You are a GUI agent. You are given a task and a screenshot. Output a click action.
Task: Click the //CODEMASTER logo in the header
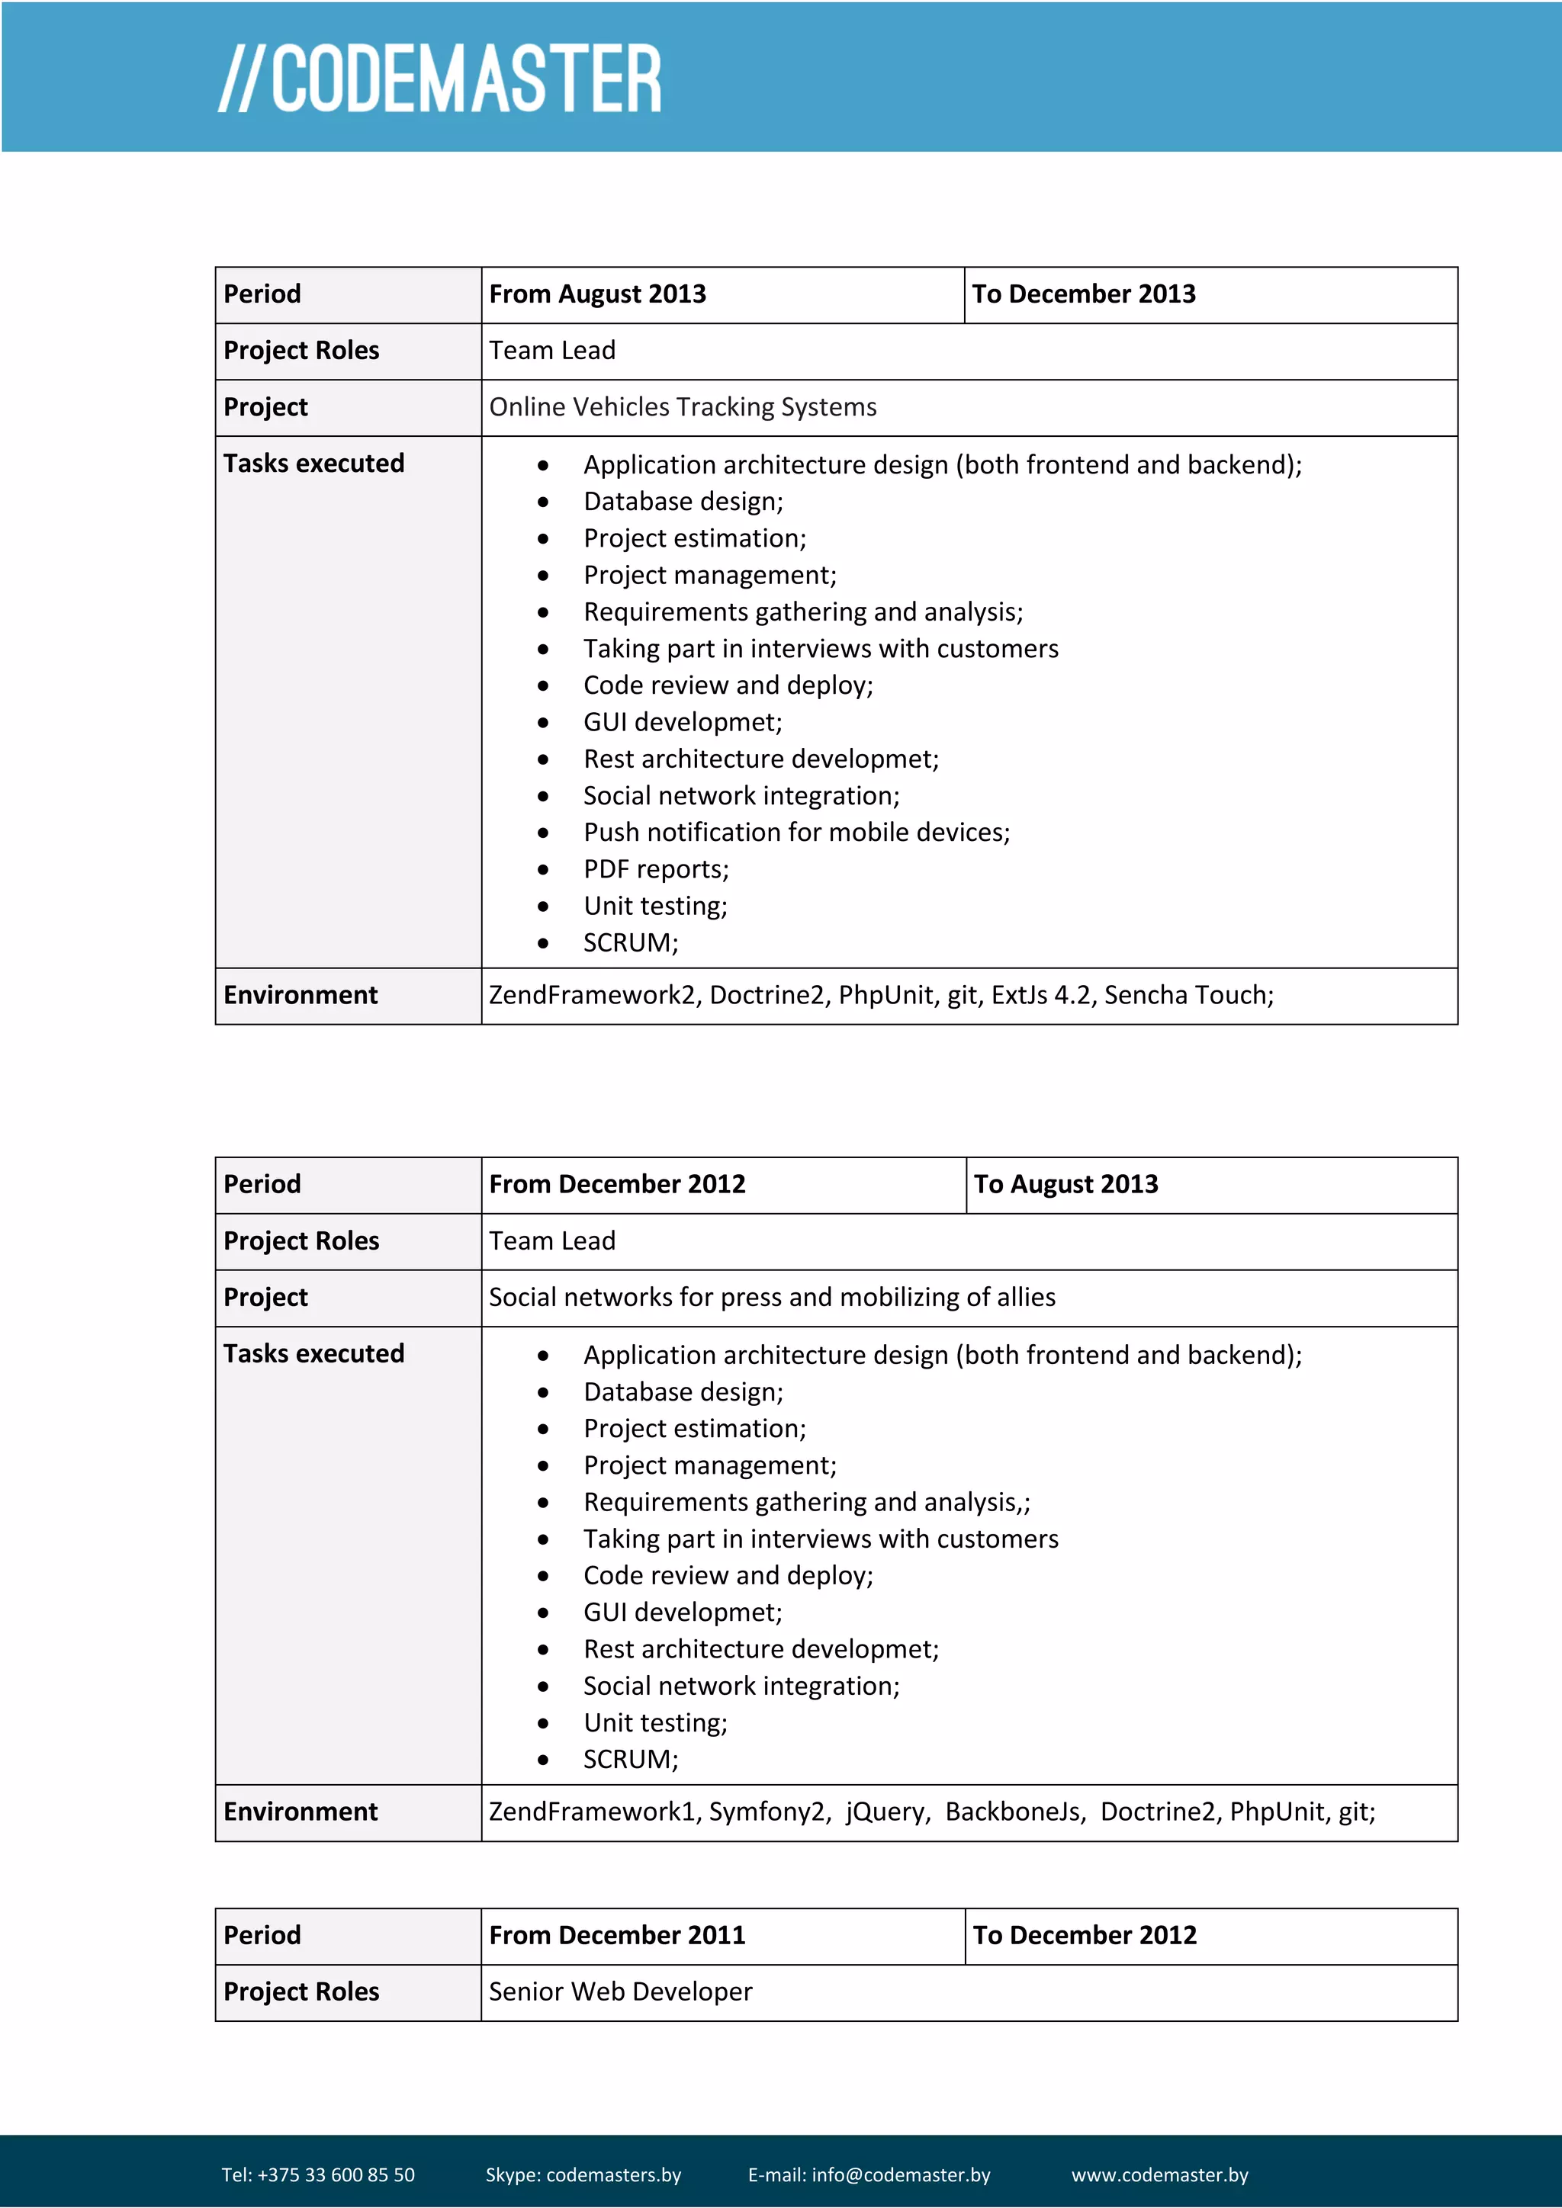click(439, 78)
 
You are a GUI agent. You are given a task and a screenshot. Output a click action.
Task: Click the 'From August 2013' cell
click(597, 294)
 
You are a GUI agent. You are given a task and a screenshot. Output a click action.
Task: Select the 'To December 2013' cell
click(1083, 294)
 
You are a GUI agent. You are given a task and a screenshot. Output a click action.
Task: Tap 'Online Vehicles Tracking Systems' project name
click(682, 407)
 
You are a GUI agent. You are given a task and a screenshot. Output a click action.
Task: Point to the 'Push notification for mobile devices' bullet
click(795, 832)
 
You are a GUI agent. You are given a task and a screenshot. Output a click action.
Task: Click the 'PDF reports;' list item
click(656, 869)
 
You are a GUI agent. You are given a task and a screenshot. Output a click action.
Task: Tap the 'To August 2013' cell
click(1065, 1184)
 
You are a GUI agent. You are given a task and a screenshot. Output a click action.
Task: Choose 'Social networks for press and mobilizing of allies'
click(771, 1298)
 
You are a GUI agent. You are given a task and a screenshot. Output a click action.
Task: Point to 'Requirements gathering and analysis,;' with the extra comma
click(806, 1502)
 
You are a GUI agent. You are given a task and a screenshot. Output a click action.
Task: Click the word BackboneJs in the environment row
click(1014, 1812)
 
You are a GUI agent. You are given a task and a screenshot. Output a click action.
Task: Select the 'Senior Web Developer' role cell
click(620, 1991)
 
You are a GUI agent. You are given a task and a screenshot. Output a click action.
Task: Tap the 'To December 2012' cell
click(1084, 1935)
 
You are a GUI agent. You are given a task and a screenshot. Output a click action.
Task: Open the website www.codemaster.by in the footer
click(1159, 2175)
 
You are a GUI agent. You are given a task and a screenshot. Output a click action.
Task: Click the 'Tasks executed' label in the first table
click(313, 464)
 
